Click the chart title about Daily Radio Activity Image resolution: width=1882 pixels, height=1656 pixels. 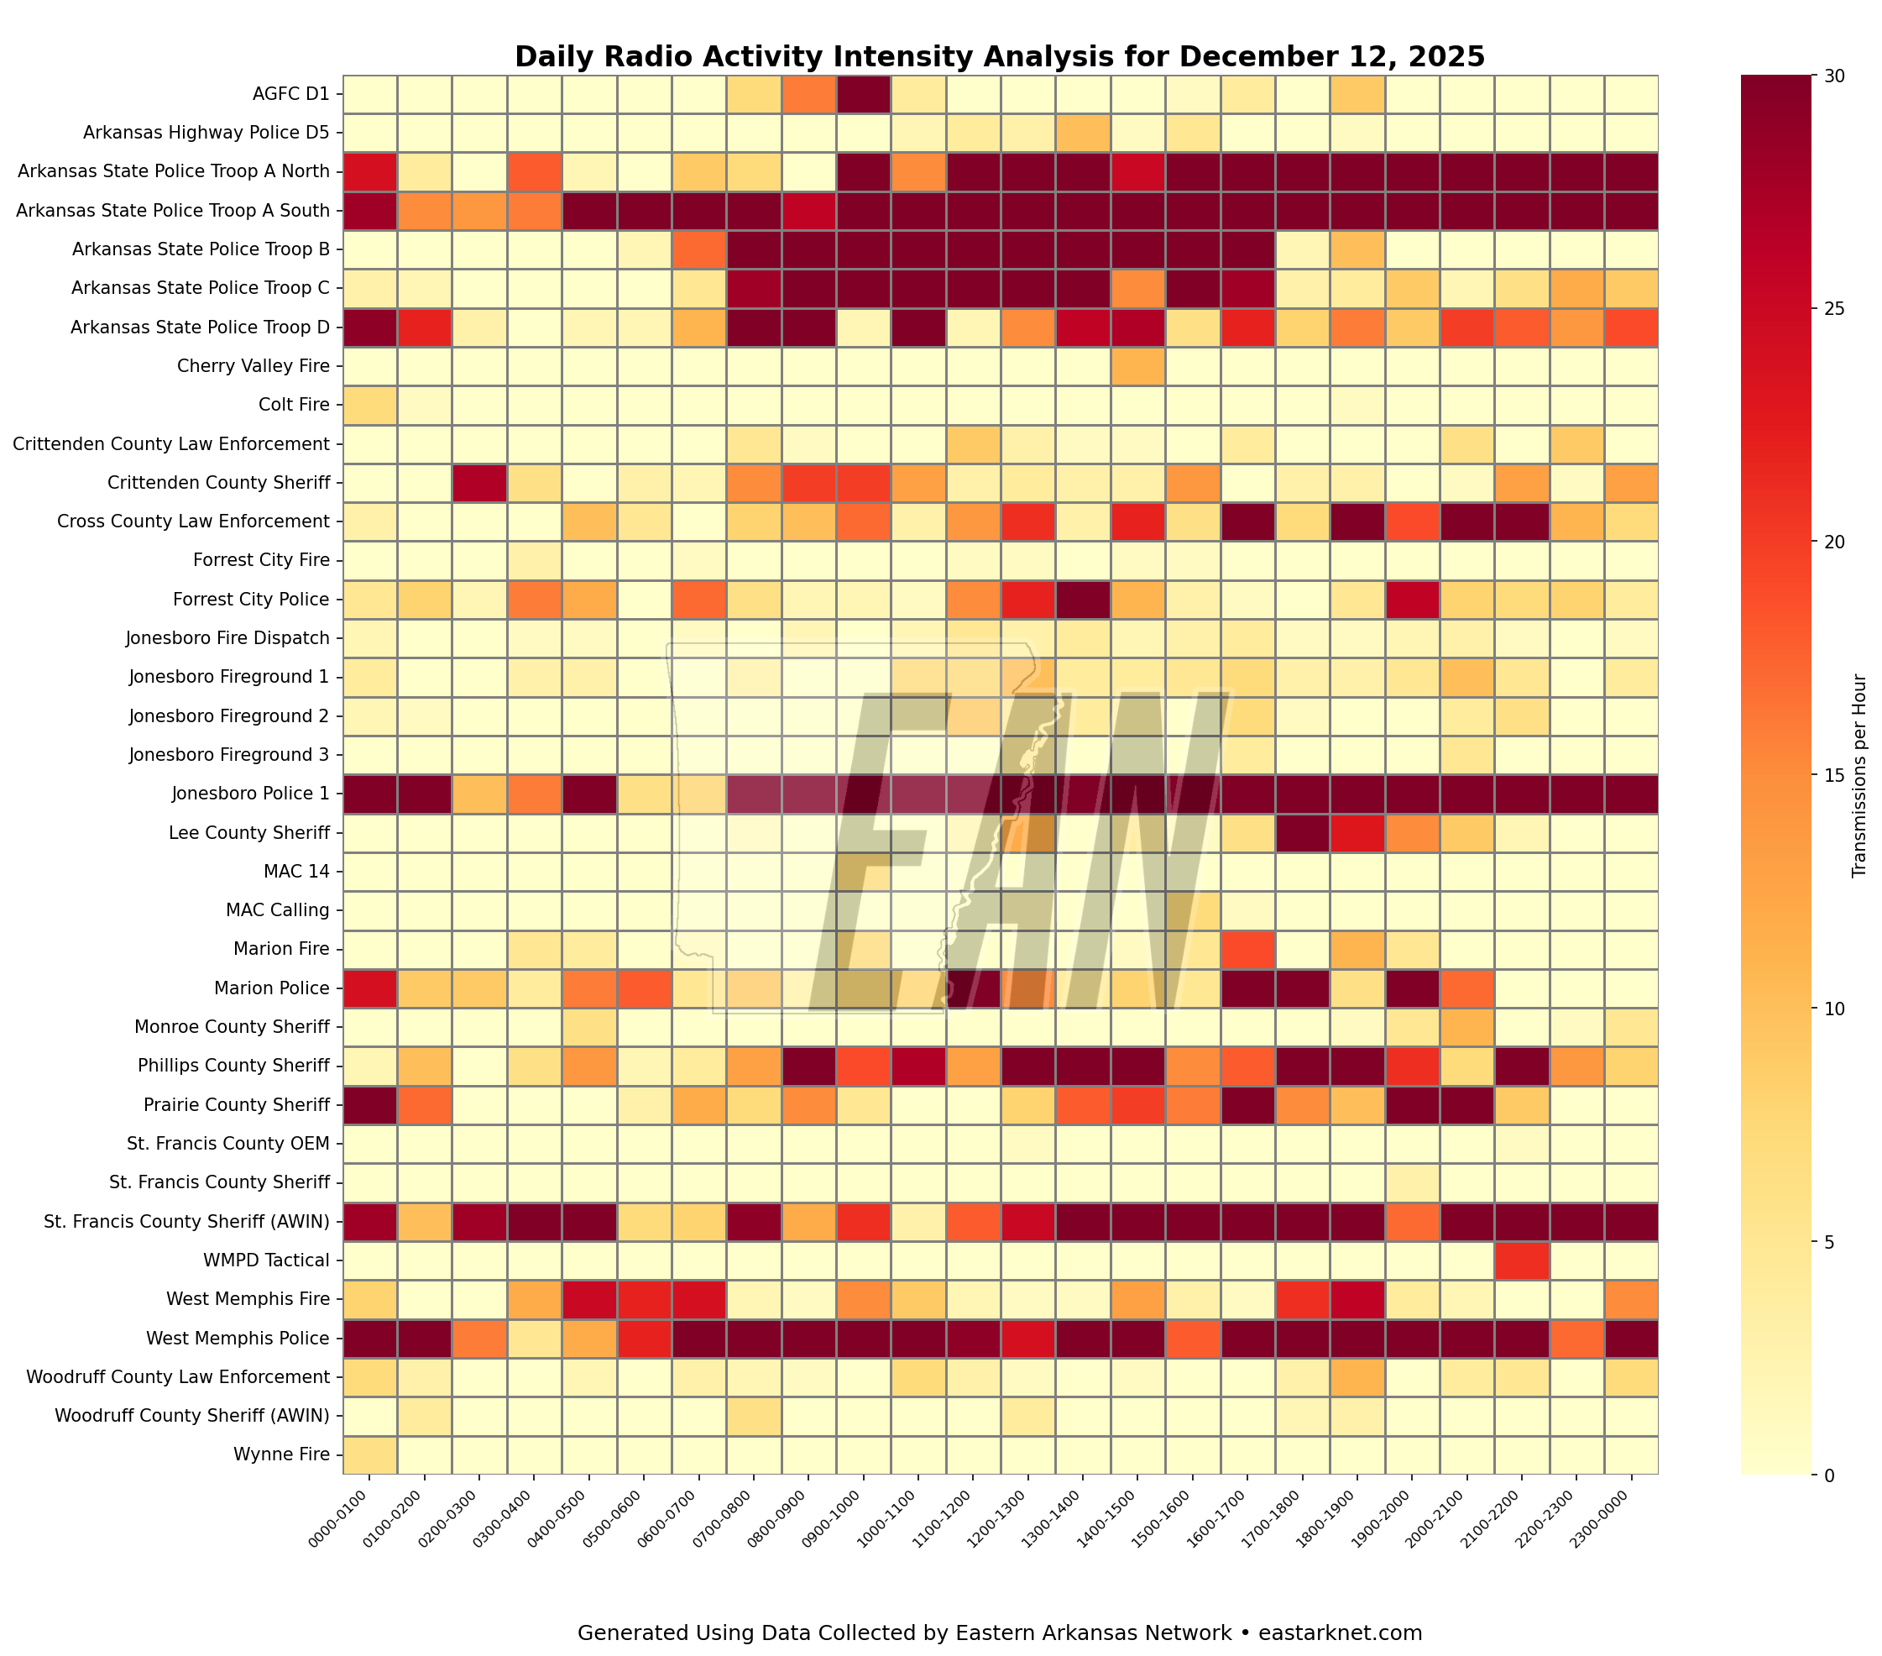(999, 57)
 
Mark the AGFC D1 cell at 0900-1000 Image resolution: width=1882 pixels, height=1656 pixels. (863, 93)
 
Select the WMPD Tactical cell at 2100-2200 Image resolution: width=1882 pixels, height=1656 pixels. (1521, 1260)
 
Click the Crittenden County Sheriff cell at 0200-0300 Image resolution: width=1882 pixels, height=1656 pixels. (478, 482)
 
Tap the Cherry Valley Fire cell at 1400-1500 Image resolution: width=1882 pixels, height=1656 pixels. (1137, 365)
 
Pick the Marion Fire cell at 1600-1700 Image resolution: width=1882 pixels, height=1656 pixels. (1247, 949)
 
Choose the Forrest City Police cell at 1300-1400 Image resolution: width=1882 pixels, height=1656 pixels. (1082, 599)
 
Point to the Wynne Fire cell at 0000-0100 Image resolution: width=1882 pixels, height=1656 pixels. (369, 1455)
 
